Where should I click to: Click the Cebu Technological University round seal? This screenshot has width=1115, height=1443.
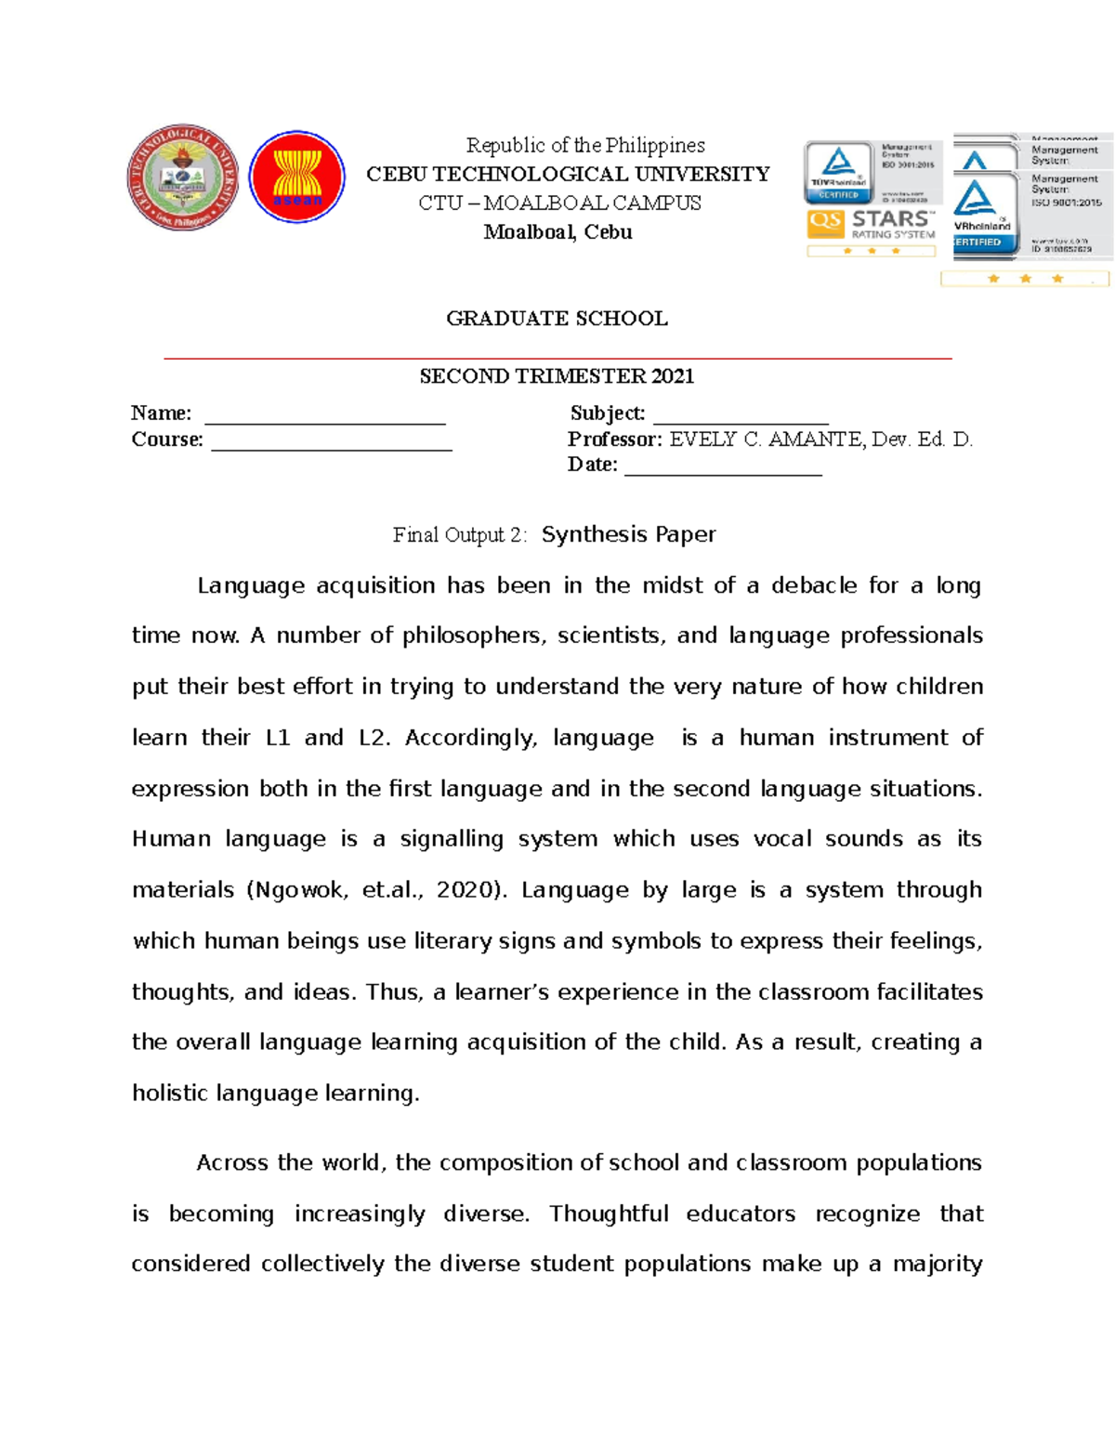[x=182, y=177]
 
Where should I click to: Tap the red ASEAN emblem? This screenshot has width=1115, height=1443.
[x=297, y=177]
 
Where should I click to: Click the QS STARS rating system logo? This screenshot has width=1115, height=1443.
[x=871, y=225]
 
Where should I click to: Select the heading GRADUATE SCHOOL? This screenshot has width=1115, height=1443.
[x=557, y=319]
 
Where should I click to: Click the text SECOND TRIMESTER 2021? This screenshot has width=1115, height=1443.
[x=557, y=376]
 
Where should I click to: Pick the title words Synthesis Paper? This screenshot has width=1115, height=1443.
[x=628, y=534]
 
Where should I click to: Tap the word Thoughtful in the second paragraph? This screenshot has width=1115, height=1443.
[x=609, y=1213]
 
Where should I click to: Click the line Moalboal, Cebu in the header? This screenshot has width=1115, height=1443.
[x=557, y=232]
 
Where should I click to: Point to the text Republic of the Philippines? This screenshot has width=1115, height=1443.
[x=584, y=145]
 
